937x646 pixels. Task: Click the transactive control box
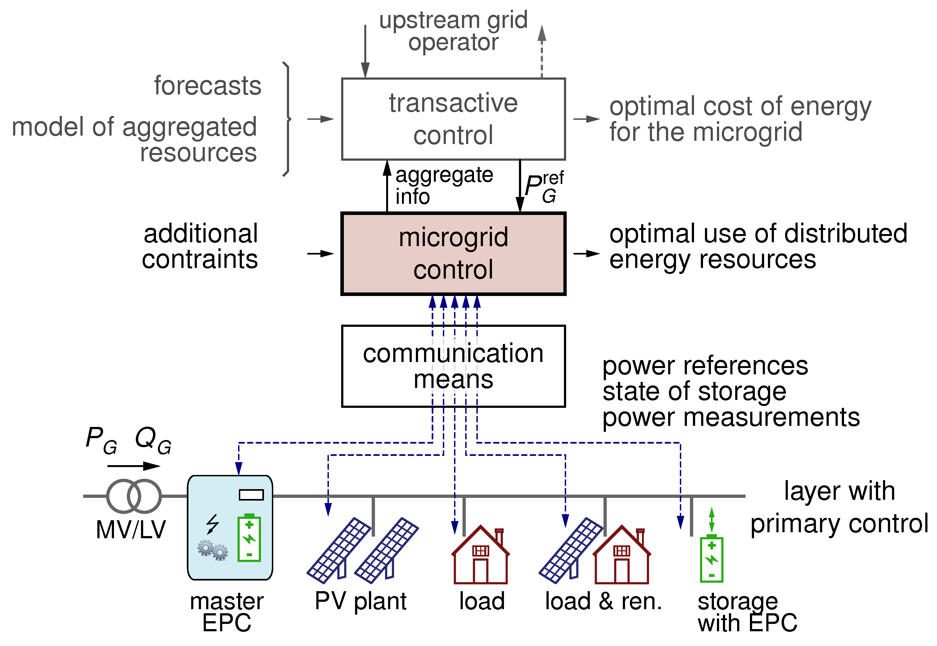point(453,119)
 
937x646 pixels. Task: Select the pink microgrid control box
point(453,254)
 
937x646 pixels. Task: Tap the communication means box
point(453,366)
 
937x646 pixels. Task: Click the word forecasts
point(208,86)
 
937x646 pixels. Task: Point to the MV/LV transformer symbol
point(134,496)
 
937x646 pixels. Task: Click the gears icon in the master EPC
point(213,550)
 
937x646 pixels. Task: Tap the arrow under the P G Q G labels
point(134,466)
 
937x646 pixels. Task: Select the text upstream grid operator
point(453,31)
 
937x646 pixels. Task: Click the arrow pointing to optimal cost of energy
point(587,119)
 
